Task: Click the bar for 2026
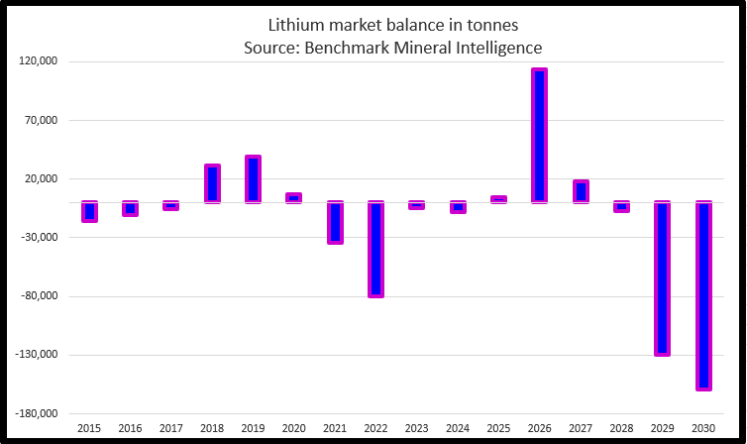click(x=540, y=136)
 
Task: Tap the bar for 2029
click(x=663, y=278)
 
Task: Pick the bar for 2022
click(x=375, y=249)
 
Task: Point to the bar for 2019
click(x=253, y=179)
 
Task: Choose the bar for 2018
click(x=212, y=183)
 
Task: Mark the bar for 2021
click(x=335, y=222)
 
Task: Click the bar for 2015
click(x=89, y=211)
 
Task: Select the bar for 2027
click(x=581, y=191)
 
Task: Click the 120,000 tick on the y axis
click(x=39, y=61)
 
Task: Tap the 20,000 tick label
click(x=42, y=179)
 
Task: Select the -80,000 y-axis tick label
click(x=39, y=296)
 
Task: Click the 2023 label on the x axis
click(x=417, y=428)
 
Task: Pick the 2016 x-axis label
click(x=130, y=428)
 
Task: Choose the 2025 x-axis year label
click(x=498, y=428)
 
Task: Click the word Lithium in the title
click(x=294, y=24)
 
